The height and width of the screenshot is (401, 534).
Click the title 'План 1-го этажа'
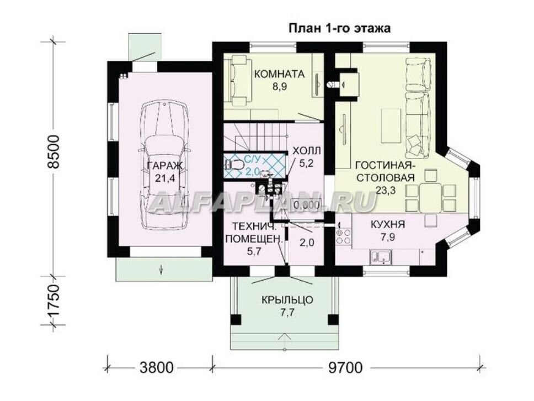(339, 28)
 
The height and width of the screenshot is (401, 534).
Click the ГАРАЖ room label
(165, 166)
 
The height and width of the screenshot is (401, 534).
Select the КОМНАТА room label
(279, 74)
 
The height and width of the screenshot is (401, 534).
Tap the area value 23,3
(386, 190)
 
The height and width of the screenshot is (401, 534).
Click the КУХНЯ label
(388, 225)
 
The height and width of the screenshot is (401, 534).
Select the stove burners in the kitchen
(343, 236)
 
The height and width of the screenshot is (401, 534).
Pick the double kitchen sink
(381, 257)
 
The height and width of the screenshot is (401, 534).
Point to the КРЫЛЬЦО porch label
(287, 300)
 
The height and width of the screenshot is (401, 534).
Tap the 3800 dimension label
(156, 368)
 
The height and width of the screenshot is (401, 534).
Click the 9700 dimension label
(345, 368)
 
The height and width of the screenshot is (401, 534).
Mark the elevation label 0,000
(307, 205)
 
